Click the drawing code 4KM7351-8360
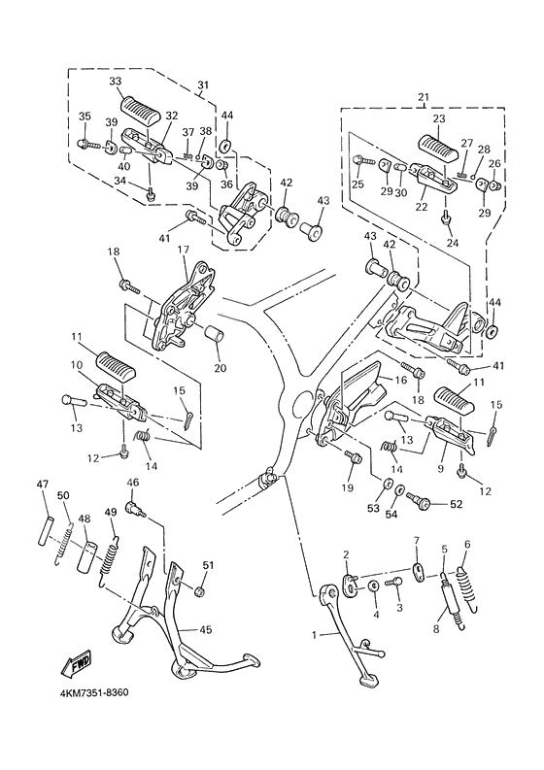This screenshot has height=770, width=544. tap(94, 693)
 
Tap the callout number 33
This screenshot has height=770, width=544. tap(116, 82)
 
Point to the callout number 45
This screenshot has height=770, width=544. tap(206, 629)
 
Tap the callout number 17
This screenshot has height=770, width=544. tap(183, 250)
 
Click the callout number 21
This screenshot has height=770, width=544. tap(424, 98)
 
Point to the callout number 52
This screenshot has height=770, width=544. tap(456, 504)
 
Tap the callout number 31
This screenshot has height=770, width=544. tap(203, 84)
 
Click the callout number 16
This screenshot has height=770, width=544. tap(401, 380)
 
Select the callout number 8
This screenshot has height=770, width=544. tap(436, 629)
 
